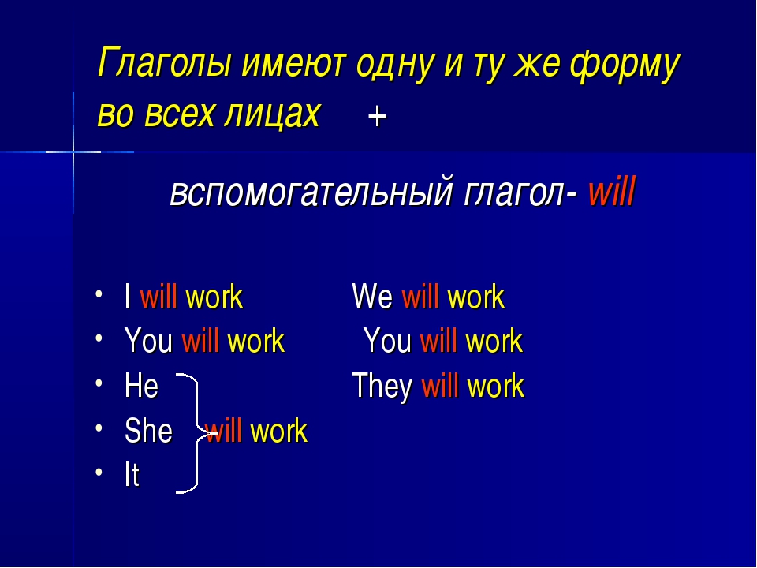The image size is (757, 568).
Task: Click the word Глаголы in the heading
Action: coord(164,63)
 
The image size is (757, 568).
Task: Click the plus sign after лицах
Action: coord(377,117)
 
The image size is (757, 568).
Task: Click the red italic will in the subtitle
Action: coord(611,190)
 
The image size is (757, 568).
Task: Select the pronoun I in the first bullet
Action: coord(128,296)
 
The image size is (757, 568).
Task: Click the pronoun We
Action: coord(372,296)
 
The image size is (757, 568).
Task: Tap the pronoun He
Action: coord(141,386)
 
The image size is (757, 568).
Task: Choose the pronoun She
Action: coord(148,431)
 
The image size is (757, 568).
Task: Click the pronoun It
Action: coord(132,475)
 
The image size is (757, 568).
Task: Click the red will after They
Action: coord(440,386)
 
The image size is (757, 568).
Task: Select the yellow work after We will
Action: coord(476,296)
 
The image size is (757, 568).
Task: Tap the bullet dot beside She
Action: coord(99,428)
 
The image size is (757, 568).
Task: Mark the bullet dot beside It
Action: coord(99,472)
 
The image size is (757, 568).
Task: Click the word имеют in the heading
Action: coord(293,63)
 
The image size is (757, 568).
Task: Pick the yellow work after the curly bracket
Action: coord(279,431)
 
